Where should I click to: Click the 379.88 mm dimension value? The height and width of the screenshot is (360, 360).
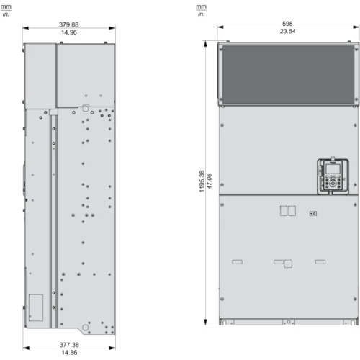pyautogui.click(x=69, y=24)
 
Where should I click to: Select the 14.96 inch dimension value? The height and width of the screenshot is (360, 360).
pyautogui.click(x=69, y=32)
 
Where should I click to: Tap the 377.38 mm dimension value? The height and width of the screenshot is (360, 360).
pyautogui.click(x=69, y=345)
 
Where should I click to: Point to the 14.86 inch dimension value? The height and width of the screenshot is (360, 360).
pyautogui.click(x=69, y=352)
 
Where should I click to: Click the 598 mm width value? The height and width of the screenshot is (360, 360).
pyautogui.click(x=287, y=24)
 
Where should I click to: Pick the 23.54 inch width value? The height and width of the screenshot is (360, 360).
pyautogui.click(x=287, y=31)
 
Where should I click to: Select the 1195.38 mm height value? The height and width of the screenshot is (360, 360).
pyautogui.click(x=202, y=181)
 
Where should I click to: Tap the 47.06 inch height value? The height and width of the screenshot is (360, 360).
pyautogui.click(x=210, y=181)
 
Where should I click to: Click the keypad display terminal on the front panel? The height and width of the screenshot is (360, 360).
pyautogui.click(x=333, y=176)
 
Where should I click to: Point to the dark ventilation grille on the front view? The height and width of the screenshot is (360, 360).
pyautogui.click(x=288, y=74)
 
